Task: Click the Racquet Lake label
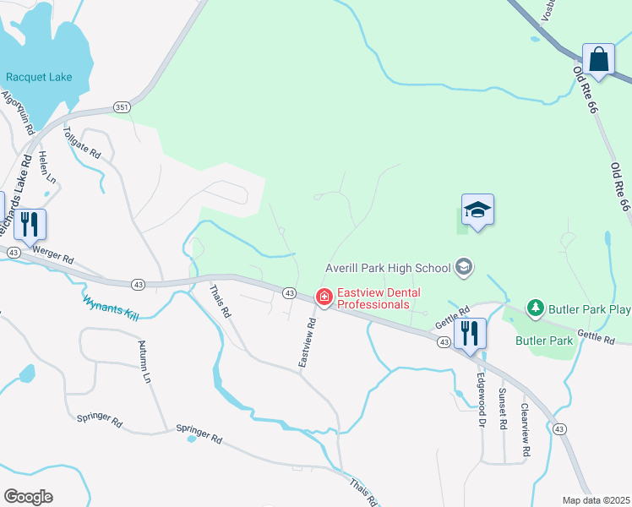(x=39, y=77)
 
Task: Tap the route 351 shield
(x=123, y=107)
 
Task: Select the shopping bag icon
(x=598, y=60)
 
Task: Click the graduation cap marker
(x=477, y=210)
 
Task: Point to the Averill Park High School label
(x=389, y=268)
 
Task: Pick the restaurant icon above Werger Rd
(x=30, y=224)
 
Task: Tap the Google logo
(x=28, y=497)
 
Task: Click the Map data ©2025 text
(x=596, y=500)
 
